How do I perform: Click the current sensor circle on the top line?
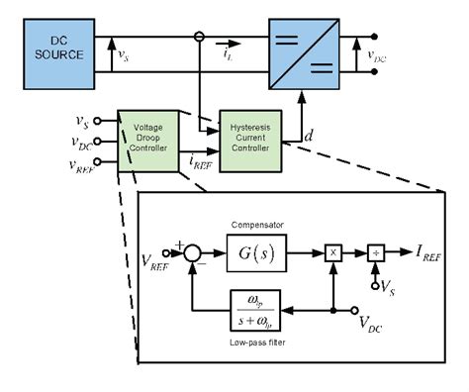(x=200, y=39)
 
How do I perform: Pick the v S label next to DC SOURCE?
(x=123, y=56)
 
